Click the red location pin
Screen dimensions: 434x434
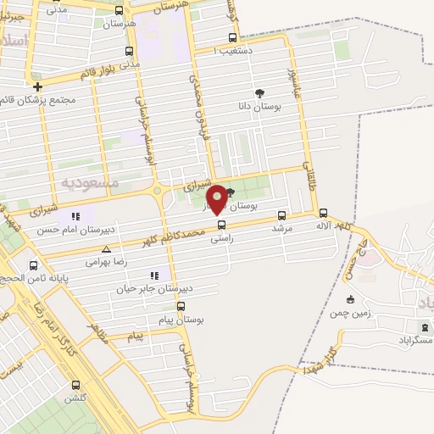click(217, 198)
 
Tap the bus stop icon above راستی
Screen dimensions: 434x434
click(222, 225)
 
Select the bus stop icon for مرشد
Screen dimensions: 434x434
click(281, 215)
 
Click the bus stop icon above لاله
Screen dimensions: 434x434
click(323, 213)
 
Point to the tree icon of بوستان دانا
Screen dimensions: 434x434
click(259, 94)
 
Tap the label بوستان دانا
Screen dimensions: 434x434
click(259, 107)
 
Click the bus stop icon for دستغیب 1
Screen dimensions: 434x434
click(232, 38)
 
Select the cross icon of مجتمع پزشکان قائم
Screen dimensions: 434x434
click(37, 86)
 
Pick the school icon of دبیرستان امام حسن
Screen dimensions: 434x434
click(75, 216)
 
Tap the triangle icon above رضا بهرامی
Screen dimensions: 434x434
click(106, 249)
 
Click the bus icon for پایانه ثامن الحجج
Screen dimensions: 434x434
click(33, 265)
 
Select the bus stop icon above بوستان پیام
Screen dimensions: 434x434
click(181, 306)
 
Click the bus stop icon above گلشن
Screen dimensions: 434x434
click(75, 385)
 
